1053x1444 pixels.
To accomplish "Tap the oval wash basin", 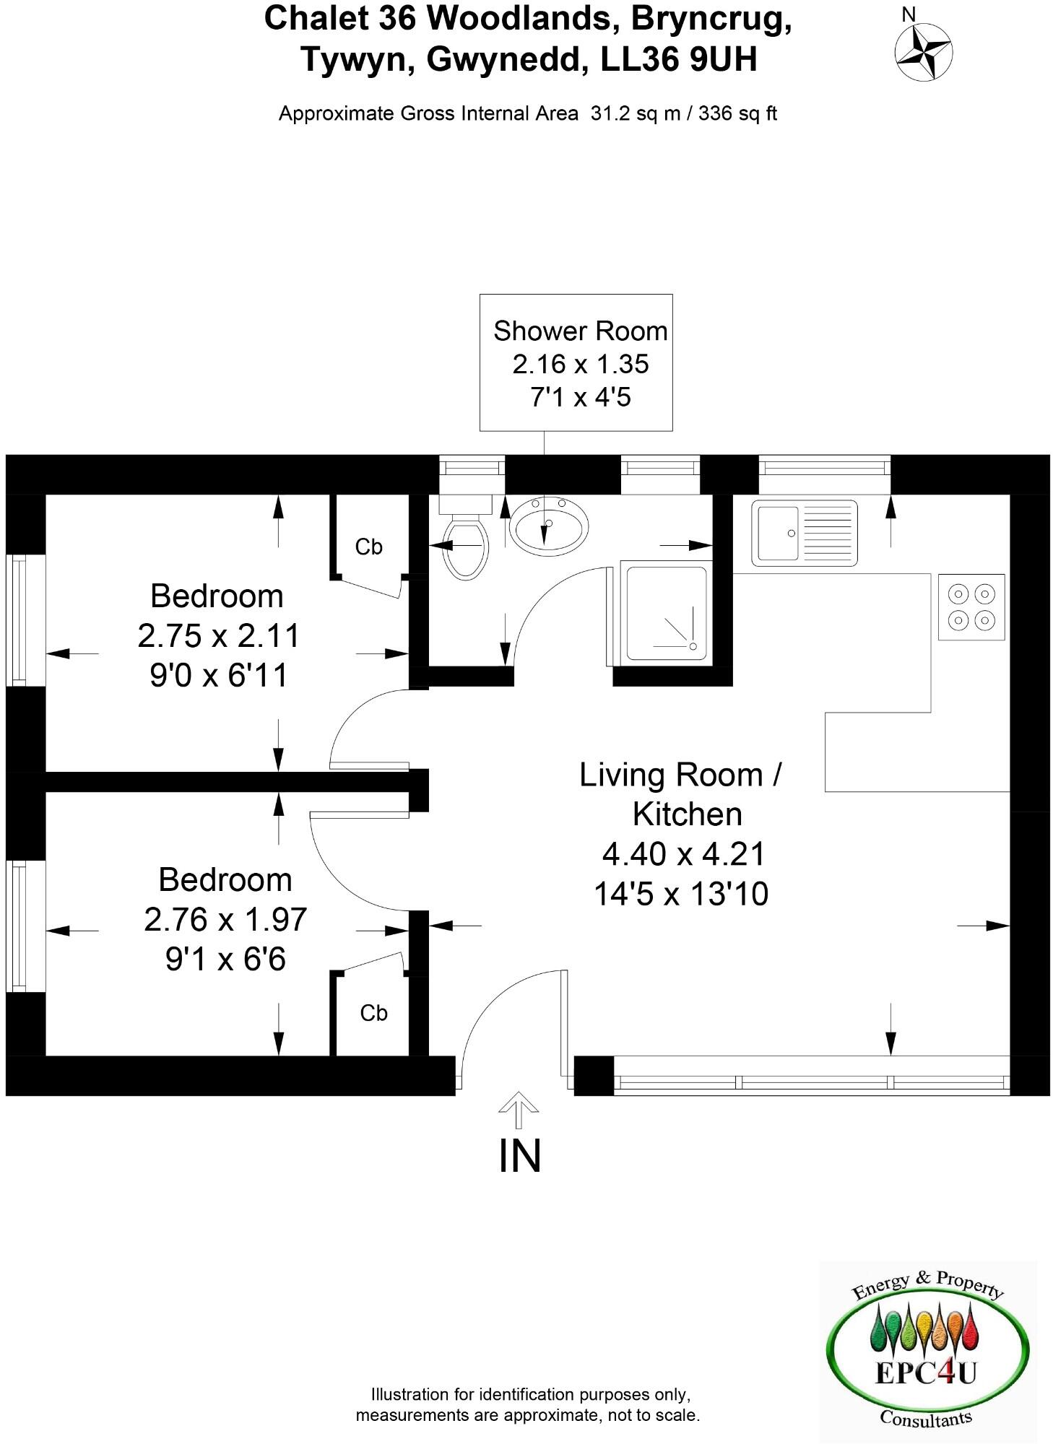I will pyautogui.click(x=548, y=523).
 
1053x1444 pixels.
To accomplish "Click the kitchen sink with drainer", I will pyautogui.click(x=804, y=533).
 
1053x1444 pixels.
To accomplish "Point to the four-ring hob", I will pyautogui.click(x=971, y=607).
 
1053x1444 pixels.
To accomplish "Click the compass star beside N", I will pyautogui.click(x=924, y=53).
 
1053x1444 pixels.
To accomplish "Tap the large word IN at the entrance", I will pyautogui.click(x=519, y=1156).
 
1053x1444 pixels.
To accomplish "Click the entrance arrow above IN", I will pyautogui.click(x=519, y=1109).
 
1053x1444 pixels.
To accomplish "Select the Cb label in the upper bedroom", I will pyautogui.click(x=368, y=547).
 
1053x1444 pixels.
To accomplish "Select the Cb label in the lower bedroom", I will pyautogui.click(x=373, y=1013).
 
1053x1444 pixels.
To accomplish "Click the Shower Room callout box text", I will pyautogui.click(x=580, y=331).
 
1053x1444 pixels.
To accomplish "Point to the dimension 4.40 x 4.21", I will pyautogui.click(x=683, y=854).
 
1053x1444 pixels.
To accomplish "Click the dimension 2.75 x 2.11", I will pyautogui.click(x=218, y=636).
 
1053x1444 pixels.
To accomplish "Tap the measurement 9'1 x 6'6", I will pyautogui.click(x=225, y=960).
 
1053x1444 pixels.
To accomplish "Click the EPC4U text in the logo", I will pyautogui.click(x=925, y=1373).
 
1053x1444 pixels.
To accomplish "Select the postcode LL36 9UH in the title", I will pyautogui.click(x=679, y=59).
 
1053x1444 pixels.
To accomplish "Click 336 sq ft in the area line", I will pyautogui.click(x=737, y=113).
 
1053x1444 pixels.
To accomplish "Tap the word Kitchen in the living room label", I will pyautogui.click(x=687, y=814).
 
